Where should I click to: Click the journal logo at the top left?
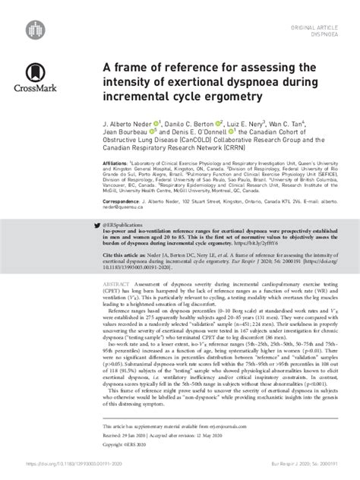coord(31,28)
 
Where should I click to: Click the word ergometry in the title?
coord(239,97)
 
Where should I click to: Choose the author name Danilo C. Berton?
coord(190,122)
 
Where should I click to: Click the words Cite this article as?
coord(122,257)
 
